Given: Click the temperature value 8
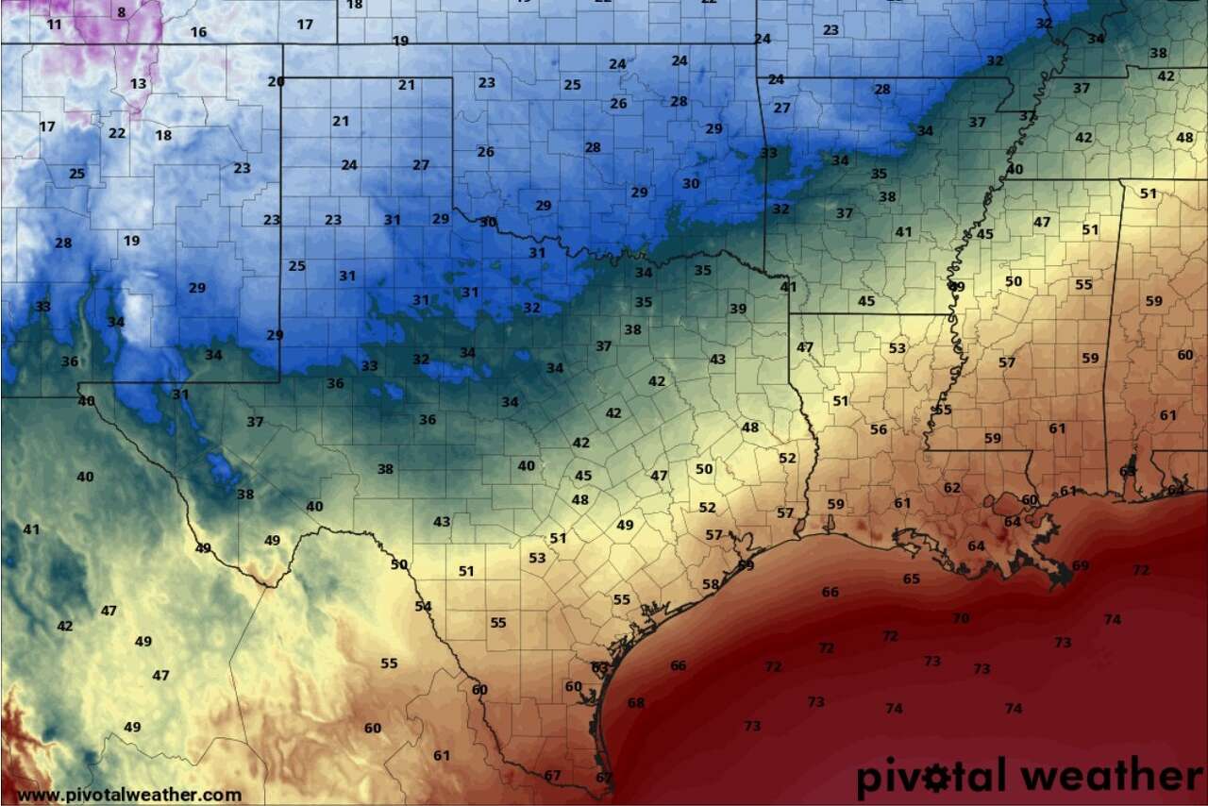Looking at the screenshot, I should coord(121,12).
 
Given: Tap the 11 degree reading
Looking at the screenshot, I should coord(54,24).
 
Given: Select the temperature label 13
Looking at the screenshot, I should coord(138,84).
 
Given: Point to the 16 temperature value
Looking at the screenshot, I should coord(198,32).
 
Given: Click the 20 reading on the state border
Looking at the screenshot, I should coord(276,81).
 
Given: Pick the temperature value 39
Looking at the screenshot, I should coord(738,309).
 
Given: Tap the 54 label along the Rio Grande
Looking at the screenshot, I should coord(423,606).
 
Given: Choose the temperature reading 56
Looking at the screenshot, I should coord(879,429).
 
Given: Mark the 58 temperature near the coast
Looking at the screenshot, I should coord(711,584).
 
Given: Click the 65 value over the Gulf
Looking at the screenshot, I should coord(911,579).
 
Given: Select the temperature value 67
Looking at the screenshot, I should coord(553,776).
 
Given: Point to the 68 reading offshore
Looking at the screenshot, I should coord(636,703).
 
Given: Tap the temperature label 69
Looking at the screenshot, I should coord(1081,565).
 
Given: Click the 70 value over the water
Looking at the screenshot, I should coord(961,618).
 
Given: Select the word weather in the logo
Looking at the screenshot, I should coord(1113,777).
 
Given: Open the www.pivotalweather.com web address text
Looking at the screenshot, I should coord(129,795).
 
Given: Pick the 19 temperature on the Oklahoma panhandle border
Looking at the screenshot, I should coord(400,41).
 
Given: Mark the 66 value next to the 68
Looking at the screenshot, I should coord(678,665).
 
